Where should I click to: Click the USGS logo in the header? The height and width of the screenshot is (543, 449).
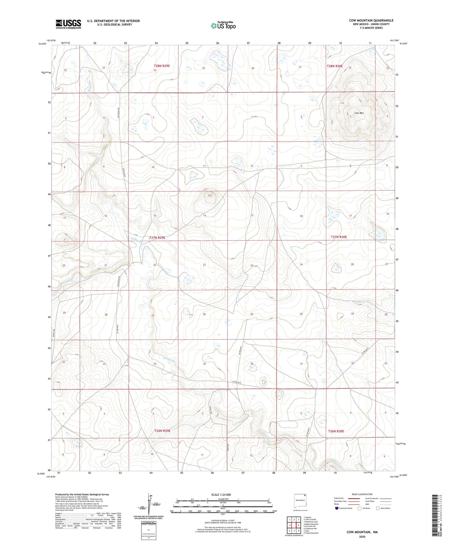tap(68, 24)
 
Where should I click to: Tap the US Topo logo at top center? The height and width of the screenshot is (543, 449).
tap(223, 25)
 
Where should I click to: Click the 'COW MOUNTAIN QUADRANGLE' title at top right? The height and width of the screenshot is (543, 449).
tap(371, 21)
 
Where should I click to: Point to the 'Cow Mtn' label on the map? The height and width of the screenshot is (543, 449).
tap(359, 113)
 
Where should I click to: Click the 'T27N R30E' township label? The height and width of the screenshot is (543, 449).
tap(339, 237)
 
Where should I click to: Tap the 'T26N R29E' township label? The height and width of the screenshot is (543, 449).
tap(162, 431)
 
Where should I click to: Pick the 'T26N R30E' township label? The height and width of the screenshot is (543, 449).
tap(336, 431)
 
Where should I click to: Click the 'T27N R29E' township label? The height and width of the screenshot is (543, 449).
tap(157, 238)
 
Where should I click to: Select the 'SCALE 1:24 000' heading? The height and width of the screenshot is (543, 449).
tap(221, 494)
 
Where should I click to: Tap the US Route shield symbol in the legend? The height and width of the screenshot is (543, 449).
tap(359, 508)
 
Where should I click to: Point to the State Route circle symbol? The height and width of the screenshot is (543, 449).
tap(378, 508)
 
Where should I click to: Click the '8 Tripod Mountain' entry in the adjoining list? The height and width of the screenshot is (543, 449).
tap(311, 533)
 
